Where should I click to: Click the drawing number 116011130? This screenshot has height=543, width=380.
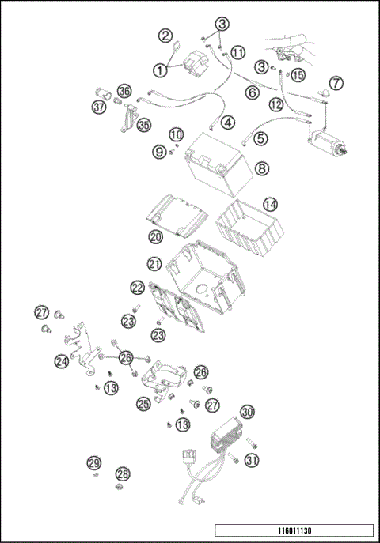click(x=294, y=530)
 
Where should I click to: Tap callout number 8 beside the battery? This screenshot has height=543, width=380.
click(x=262, y=168)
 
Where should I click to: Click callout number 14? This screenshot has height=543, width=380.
click(x=271, y=205)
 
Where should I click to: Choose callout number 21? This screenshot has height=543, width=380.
click(x=154, y=264)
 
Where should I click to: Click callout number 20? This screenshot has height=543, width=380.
click(x=156, y=237)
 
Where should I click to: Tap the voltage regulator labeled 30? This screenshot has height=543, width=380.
click(x=226, y=436)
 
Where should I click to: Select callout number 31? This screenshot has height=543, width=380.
click(x=252, y=461)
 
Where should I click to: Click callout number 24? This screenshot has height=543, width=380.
click(x=62, y=362)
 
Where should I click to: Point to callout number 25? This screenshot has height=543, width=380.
click(x=143, y=404)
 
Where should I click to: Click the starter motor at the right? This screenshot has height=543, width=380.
click(x=327, y=143)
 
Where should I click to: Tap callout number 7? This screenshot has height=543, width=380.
click(x=336, y=83)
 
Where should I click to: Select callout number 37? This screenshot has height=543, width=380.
click(x=99, y=107)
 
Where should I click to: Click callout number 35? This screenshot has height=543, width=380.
click(x=143, y=125)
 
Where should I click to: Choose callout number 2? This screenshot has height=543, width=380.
click(x=165, y=36)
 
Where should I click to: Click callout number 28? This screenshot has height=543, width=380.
click(x=123, y=473)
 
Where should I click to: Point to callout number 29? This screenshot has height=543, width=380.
click(x=94, y=463)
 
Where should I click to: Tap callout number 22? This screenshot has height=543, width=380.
click(x=137, y=288)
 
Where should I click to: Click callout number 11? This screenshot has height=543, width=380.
click(x=237, y=53)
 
